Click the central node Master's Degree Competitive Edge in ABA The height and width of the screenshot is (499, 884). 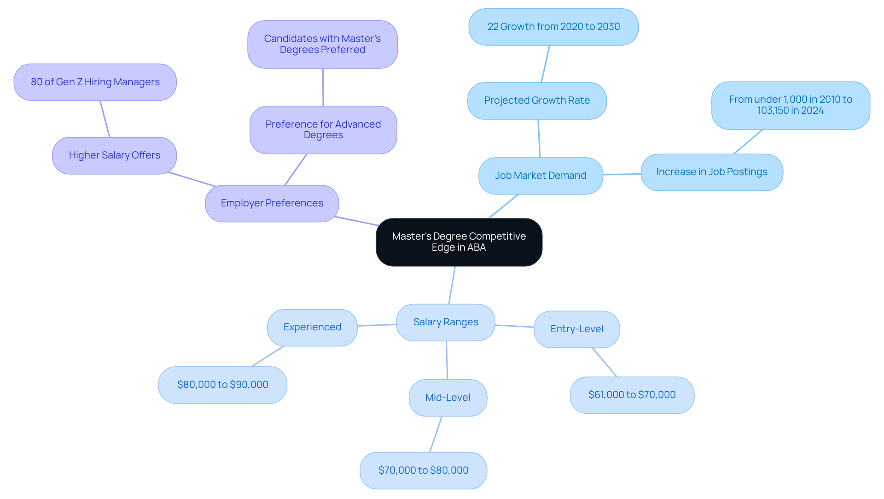point(459,242)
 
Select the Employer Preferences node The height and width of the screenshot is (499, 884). point(272,203)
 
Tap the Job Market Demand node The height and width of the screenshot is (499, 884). point(541,176)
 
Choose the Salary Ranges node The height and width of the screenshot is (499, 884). point(445,322)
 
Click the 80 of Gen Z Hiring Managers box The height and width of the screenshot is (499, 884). point(95,82)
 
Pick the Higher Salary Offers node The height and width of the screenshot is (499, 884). point(114,155)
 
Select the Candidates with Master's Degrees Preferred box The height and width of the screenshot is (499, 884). point(322,44)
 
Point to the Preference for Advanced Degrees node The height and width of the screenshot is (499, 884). point(323,130)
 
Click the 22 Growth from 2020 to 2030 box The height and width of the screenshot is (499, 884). point(553,27)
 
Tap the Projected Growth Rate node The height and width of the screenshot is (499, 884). point(537,100)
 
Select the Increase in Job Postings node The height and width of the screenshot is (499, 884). point(711,172)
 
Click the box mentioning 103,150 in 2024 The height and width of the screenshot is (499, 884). point(790,105)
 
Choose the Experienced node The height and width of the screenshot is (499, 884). point(312,327)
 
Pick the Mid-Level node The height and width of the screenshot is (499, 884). point(448,398)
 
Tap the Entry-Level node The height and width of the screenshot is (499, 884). point(576,329)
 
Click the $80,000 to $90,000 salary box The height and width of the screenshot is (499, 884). point(222,385)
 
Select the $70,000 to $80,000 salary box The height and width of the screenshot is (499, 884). point(423,470)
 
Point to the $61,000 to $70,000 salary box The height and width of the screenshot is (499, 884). point(632,395)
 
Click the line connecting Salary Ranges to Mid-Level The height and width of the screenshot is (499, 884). point(447,360)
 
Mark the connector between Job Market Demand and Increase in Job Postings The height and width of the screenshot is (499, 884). point(622,174)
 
